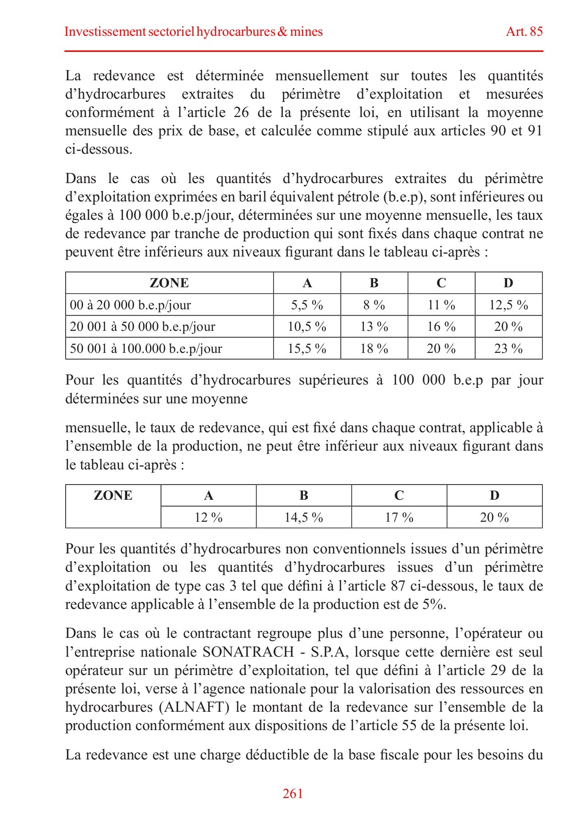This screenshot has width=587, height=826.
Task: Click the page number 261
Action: pos(292,793)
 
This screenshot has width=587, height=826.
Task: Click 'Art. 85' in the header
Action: pos(524,31)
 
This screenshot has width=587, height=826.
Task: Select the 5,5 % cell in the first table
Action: pos(307,305)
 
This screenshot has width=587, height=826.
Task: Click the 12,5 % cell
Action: pos(508,305)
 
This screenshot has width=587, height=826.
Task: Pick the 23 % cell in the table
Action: pos(508,348)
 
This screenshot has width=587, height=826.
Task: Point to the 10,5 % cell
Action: pos(307,327)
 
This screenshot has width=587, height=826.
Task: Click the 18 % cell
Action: pos(374,348)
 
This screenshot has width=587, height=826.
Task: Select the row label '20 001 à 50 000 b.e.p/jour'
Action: pos(142,327)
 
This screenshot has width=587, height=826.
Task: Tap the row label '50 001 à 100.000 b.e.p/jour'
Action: pos(146,348)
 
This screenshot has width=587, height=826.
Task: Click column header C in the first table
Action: pos(441,283)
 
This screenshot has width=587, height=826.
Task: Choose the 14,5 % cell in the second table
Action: pos(303,518)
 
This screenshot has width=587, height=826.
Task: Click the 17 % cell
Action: pos(399,518)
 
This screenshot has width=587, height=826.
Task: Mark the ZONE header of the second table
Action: pos(113,496)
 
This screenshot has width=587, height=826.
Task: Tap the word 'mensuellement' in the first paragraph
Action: pos(322,76)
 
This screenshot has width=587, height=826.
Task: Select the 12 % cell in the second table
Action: pos(208,518)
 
